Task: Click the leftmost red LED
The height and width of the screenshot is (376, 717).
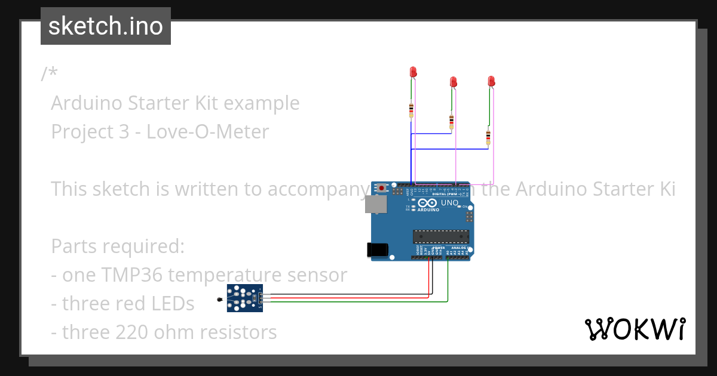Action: [413, 72]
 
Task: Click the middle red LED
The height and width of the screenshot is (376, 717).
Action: [454, 81]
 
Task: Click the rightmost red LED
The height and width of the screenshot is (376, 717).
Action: [492, 81]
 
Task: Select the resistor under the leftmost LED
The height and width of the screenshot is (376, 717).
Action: [411, 110]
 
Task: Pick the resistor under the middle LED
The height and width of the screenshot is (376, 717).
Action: [451, 122]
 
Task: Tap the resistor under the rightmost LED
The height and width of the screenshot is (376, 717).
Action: [488, 137]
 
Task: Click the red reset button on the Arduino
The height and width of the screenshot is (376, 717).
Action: [381, 187]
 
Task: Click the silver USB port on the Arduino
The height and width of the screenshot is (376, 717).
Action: [375, 205]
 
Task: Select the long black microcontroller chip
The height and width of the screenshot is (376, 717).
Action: [441, 236]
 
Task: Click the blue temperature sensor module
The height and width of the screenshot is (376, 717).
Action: [244, 297]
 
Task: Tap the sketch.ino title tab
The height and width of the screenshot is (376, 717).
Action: [106, 26]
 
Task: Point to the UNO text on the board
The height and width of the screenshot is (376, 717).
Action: [449, 203]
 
